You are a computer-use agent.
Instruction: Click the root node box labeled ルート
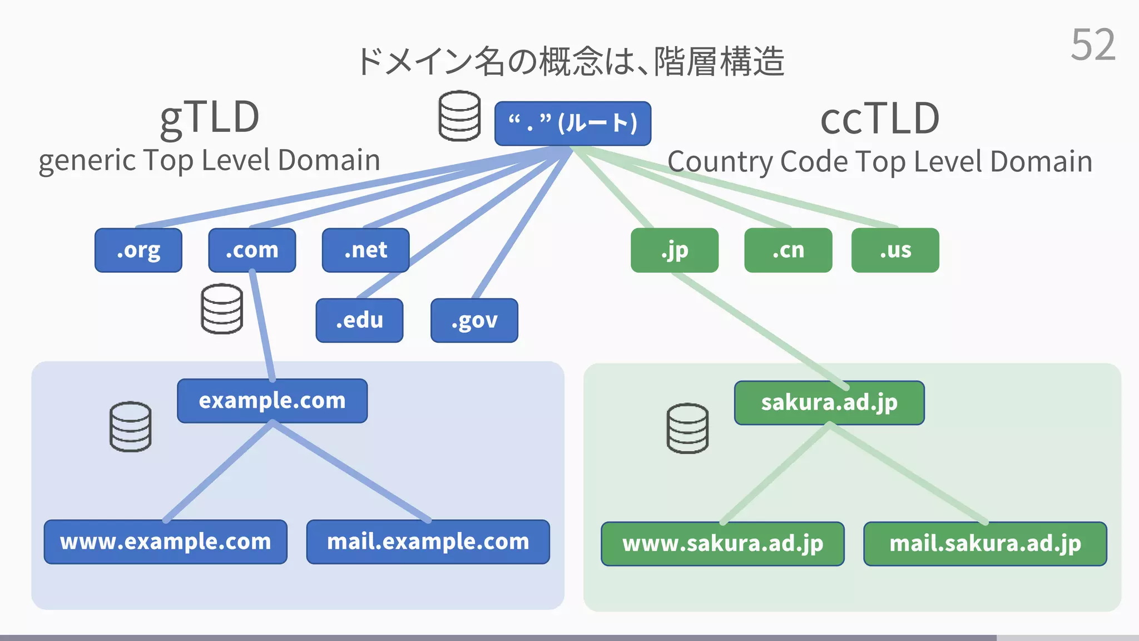click(x=572, y=124)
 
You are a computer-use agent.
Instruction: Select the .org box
click(x=138, y=250)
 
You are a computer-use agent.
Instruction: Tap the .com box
click(x=252, y=250)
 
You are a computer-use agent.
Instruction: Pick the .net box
click(x=365, y=250)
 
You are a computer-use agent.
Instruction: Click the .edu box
click(x=359, y=320)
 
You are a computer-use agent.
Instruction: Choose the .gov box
click(x=474, y=320)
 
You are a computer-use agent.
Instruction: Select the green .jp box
click(x=674, y=250)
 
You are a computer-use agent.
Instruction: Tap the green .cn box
click(x=788, y=250)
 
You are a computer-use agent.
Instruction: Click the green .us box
click(x=895, y=250)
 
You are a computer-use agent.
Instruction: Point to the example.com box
click(x=272, y=401)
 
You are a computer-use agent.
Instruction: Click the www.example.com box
click(x=166, y=542)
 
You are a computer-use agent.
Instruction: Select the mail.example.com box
click(x=428, y=542)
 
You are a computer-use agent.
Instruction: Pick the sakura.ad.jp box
click(x=829, y=403)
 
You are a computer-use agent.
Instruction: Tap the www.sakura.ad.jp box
click(x=722, y=544)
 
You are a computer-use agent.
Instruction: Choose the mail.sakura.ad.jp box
click(x=985, y=544)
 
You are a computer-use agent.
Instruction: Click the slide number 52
click(x=1093, y=45)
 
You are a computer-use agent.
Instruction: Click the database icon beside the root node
click(x=459, y=116)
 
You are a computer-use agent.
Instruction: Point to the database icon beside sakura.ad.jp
click(x=687, y=428)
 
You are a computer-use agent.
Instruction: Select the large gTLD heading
click(x=210, y=118)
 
